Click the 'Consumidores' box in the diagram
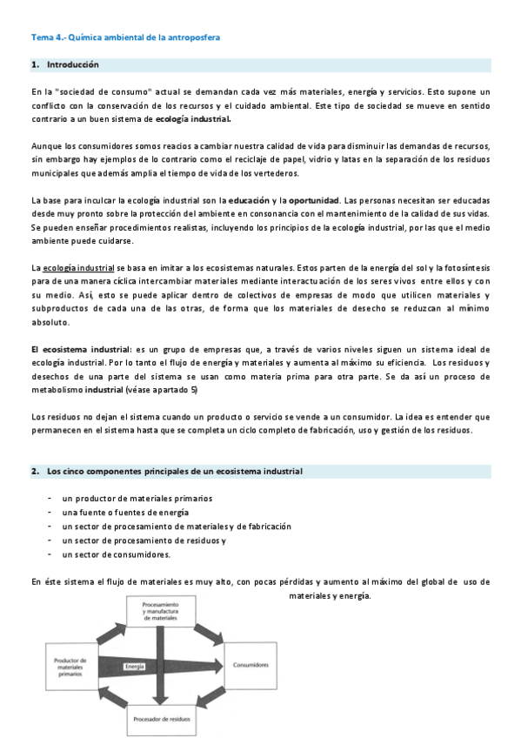click(250, 664)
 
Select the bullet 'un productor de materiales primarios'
click(137, 498)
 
